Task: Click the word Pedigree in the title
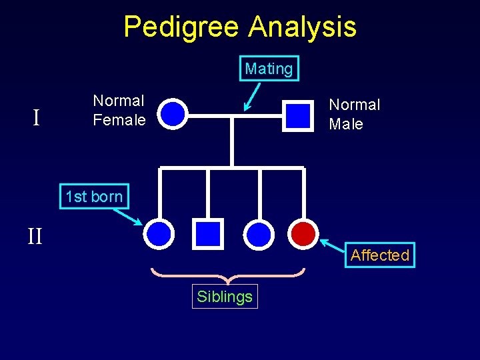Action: pos(182,27)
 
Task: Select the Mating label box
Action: pos(269,69)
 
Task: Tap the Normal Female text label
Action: pos(119,111)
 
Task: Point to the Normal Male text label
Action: pos(354,114)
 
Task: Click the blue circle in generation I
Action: pos(173,113)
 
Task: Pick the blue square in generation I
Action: pos(297,115)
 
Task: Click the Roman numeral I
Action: pos(37,118)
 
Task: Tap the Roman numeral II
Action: pos(35,236)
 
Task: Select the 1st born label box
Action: pos(94,197)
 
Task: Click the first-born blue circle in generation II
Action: pos(159,233)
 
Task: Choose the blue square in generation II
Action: pos(208,233)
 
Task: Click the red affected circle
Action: pos(303,233)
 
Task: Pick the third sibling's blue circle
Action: pos(259,233)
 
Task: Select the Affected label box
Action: pos(379,255)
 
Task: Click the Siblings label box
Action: pos(225,297)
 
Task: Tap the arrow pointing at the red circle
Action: pos(333,246)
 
